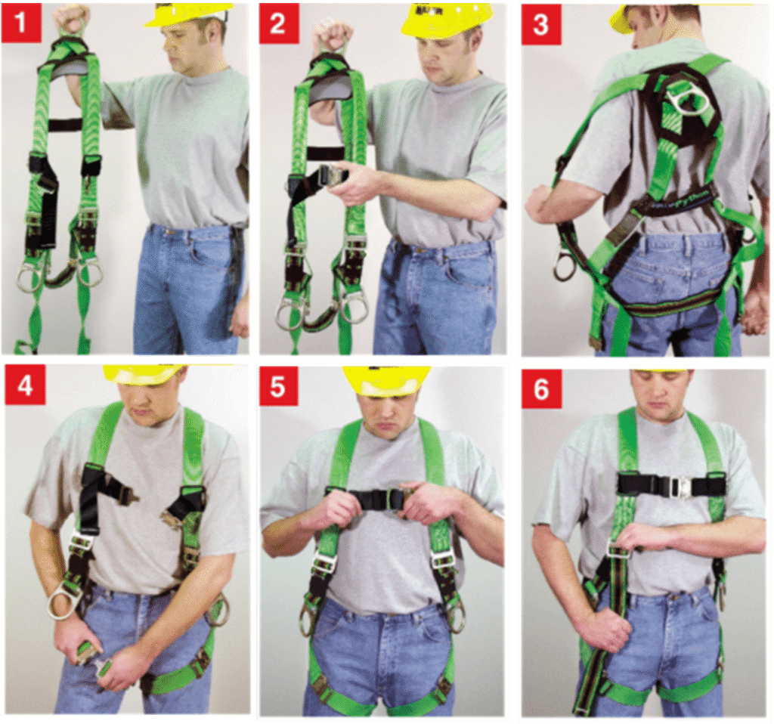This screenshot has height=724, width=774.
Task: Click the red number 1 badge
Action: pos(21,22)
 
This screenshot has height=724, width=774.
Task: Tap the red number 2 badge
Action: pos(278,23)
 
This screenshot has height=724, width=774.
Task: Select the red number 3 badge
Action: pos(540,23)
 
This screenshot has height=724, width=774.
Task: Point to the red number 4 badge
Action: pos(25,383)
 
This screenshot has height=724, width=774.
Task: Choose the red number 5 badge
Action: pos(278,385)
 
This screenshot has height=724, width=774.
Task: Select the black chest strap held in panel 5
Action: pos(370,499)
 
